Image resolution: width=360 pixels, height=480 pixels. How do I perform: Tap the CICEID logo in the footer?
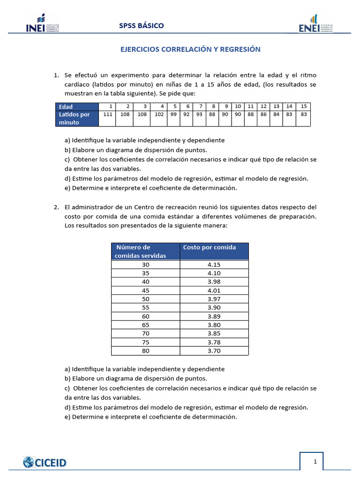coord(45,463)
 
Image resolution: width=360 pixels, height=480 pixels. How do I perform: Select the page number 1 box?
coord(315,462)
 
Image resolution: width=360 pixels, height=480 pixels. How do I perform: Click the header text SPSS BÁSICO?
coord(141,25)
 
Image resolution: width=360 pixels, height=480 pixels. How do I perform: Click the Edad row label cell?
coord(77,106)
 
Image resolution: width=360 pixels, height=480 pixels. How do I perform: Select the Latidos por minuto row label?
coord(77,118)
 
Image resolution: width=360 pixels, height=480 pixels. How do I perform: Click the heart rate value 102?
coord(159,114)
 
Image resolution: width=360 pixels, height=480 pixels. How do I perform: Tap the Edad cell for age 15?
coord(304,106)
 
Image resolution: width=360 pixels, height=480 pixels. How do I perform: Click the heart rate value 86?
coord(263,114)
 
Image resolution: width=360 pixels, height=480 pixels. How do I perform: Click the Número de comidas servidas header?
coord(145,251)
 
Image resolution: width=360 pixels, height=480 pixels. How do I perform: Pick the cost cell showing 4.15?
coord(214,264)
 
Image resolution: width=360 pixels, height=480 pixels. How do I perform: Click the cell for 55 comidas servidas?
coord(145,307)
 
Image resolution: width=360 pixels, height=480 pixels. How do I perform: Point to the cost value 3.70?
coord(214,351)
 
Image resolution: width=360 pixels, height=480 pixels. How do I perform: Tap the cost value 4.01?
coord(214,290)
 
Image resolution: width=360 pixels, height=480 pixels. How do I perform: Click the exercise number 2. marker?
coord(56,207)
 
